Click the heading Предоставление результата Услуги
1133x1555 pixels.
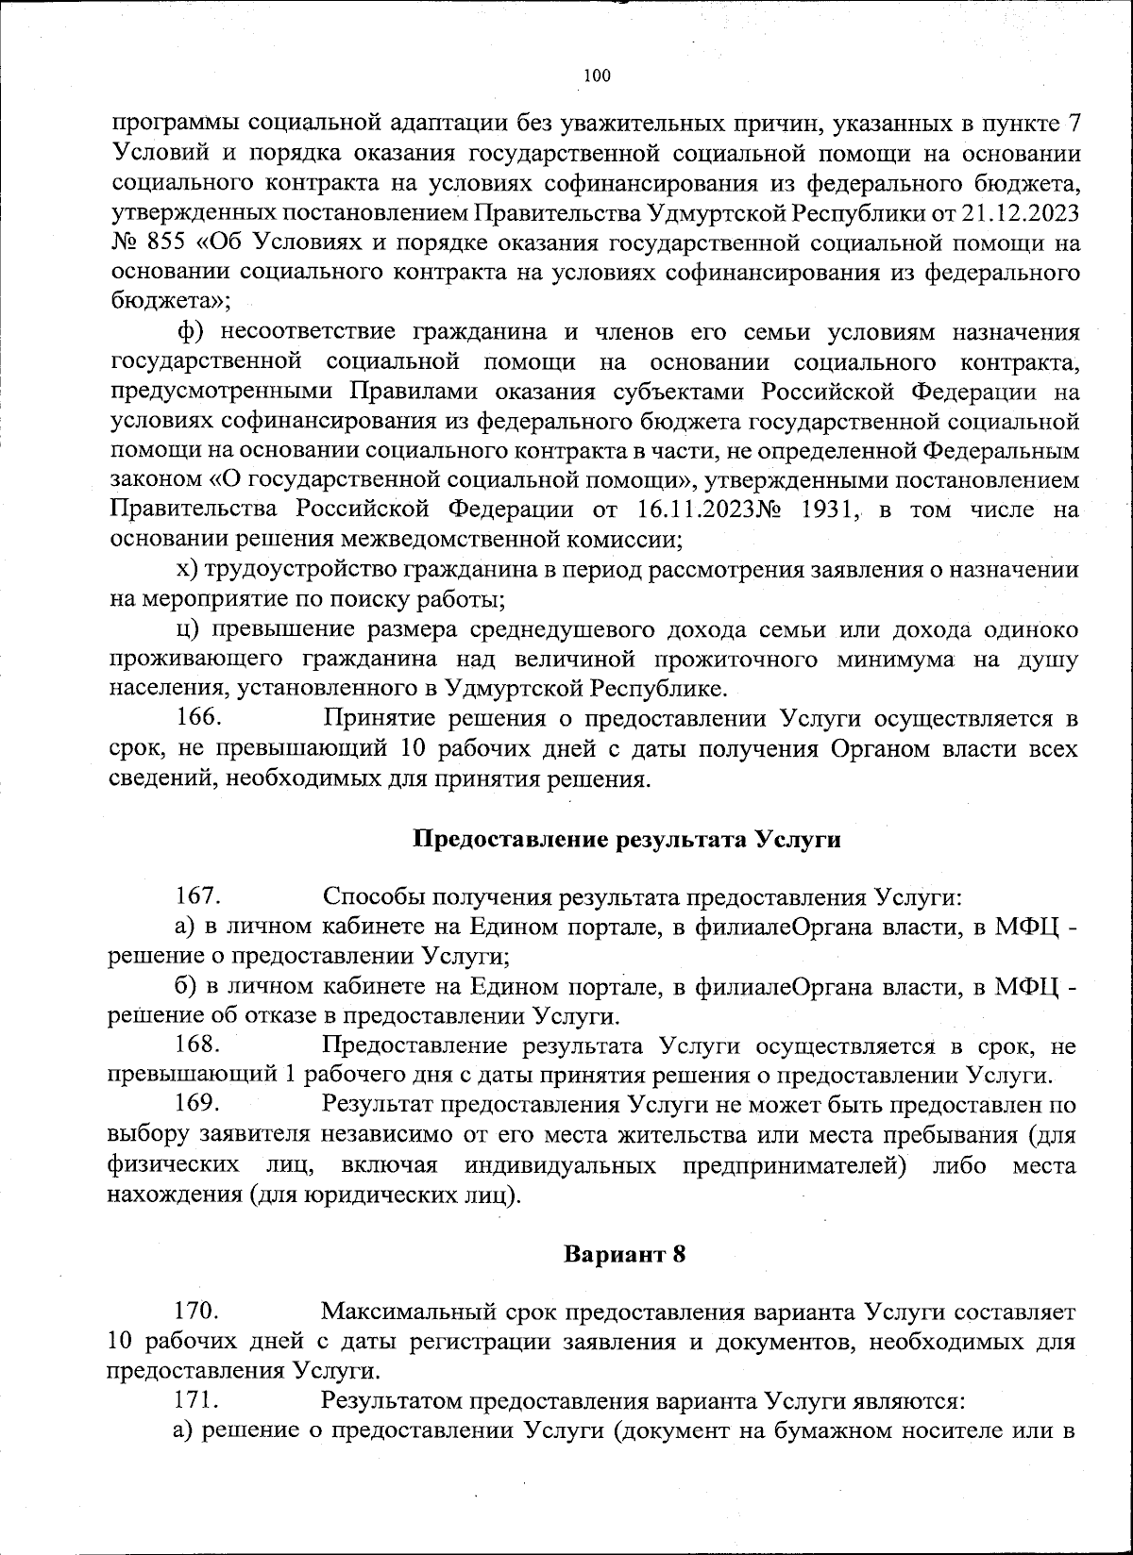pyautogui.click(x=628, y=840)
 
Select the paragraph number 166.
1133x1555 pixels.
pyautogui.click(x=199, y=718)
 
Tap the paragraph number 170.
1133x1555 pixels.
pyautogui.click(x=199, y=1311)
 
